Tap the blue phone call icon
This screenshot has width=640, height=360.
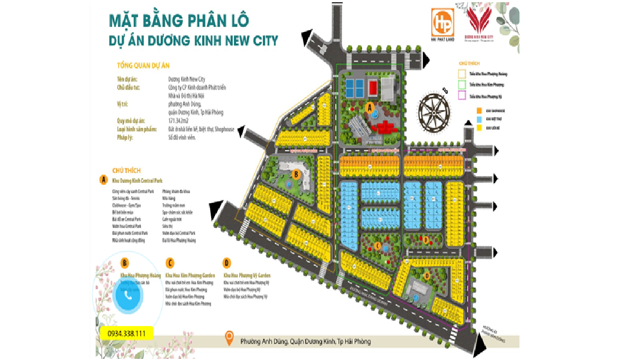click(x=129, y=296)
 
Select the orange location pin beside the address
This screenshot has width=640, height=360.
click(x=228, y=338)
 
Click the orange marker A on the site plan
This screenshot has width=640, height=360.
click(x=370, y=108)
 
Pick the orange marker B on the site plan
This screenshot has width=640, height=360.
click(x=297, y=174)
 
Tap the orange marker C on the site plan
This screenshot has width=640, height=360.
click(x=377, y=245)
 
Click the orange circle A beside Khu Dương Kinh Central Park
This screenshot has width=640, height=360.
click(x=103, y=180)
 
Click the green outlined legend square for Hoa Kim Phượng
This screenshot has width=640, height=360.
click(x=462, y=85)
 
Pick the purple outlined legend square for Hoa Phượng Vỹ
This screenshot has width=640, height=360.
click(x=462, y=97)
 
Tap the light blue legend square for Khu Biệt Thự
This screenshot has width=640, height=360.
click(x=479, y=119)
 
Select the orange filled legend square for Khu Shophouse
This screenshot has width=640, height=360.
click(x=479, y=110)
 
